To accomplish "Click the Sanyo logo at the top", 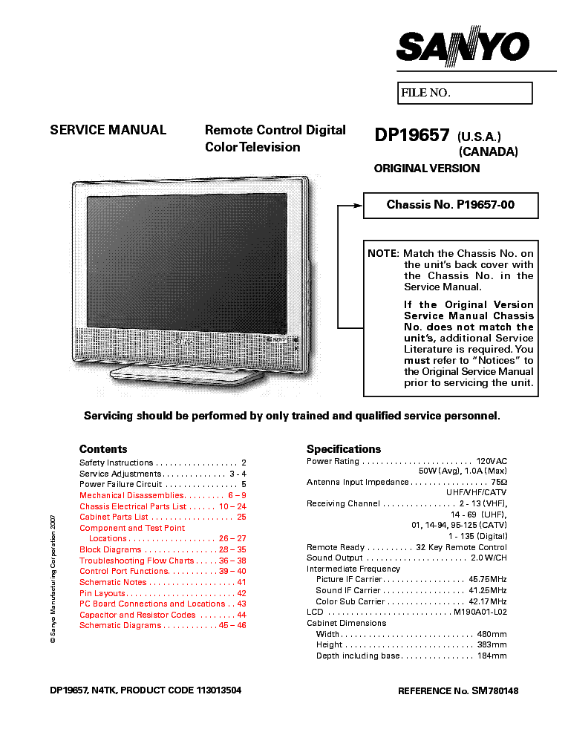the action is click(463, 46).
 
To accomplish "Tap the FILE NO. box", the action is click(465, 93).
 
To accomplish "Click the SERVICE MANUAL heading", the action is click(108, 130).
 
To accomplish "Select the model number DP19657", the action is click(412, 135).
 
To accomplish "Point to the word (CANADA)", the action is click(489, 152).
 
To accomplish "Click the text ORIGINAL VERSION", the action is click(427, 169).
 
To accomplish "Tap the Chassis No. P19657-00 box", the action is click(451, 206).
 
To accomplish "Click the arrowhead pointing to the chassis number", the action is click(358, 206).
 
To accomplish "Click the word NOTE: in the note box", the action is click(383, 254).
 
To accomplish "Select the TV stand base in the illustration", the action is click(187, 374).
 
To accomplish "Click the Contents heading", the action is click(103, 449).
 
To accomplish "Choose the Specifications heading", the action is click(344, 449).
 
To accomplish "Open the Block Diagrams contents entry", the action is click(163, 549).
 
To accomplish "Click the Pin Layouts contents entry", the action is click(163, 593).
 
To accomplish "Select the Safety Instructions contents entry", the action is click(163, 463).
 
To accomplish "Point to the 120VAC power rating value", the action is click(492, 461).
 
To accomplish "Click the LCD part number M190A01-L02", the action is click(480, 612).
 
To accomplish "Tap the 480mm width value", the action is click(492, 634).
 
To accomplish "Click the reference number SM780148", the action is click(495, 691).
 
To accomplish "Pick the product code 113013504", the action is click(219, 690).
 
